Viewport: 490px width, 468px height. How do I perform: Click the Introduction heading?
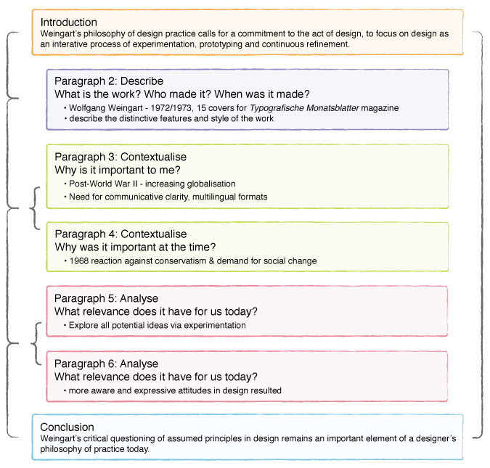coord(68,22)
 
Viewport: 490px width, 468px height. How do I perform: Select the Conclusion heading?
coord(67,427)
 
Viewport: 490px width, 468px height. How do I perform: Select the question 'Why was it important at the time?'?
coord(136,247)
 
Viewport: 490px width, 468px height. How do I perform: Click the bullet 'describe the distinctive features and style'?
coord(171,118)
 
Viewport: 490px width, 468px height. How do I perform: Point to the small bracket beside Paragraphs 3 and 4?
coord(34,208)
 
